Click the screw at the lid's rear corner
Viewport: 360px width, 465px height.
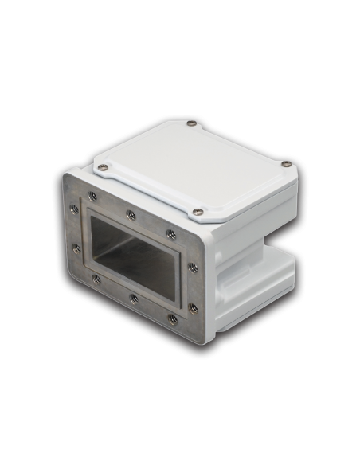[192, 123]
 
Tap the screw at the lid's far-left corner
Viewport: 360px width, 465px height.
[103, 167]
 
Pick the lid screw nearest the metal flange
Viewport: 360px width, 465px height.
[197, 212]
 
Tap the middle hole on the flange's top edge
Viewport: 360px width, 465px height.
[129, 213]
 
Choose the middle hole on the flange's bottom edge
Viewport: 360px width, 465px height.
[133, 299]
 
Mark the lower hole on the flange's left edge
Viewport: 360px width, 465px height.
[76, 248]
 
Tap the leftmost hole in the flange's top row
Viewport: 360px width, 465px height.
[92, 196]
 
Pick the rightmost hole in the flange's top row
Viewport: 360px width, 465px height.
[171, 234]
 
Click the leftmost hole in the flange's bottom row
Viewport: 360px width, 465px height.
[96, 279]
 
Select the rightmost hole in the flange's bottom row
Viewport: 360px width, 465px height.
[173, 319]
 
